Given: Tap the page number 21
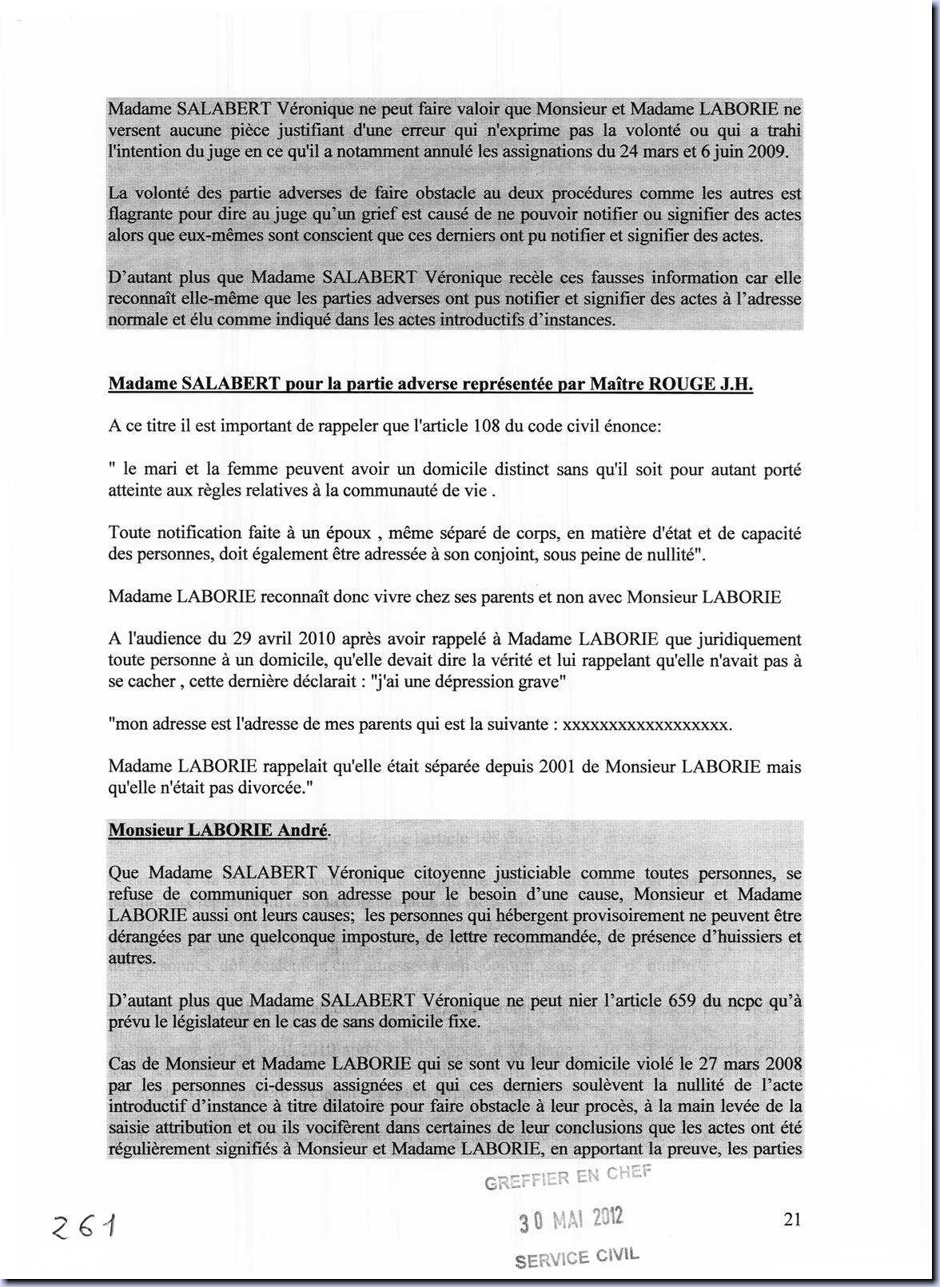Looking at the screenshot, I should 792,1218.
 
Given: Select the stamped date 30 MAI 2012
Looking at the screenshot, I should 571,1219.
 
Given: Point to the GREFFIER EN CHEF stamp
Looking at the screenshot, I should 568,1177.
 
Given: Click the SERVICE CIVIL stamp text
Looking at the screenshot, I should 577,1258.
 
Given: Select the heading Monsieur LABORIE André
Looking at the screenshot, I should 218,830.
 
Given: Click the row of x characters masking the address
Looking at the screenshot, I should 647,724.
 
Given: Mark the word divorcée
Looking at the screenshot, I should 280,787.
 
